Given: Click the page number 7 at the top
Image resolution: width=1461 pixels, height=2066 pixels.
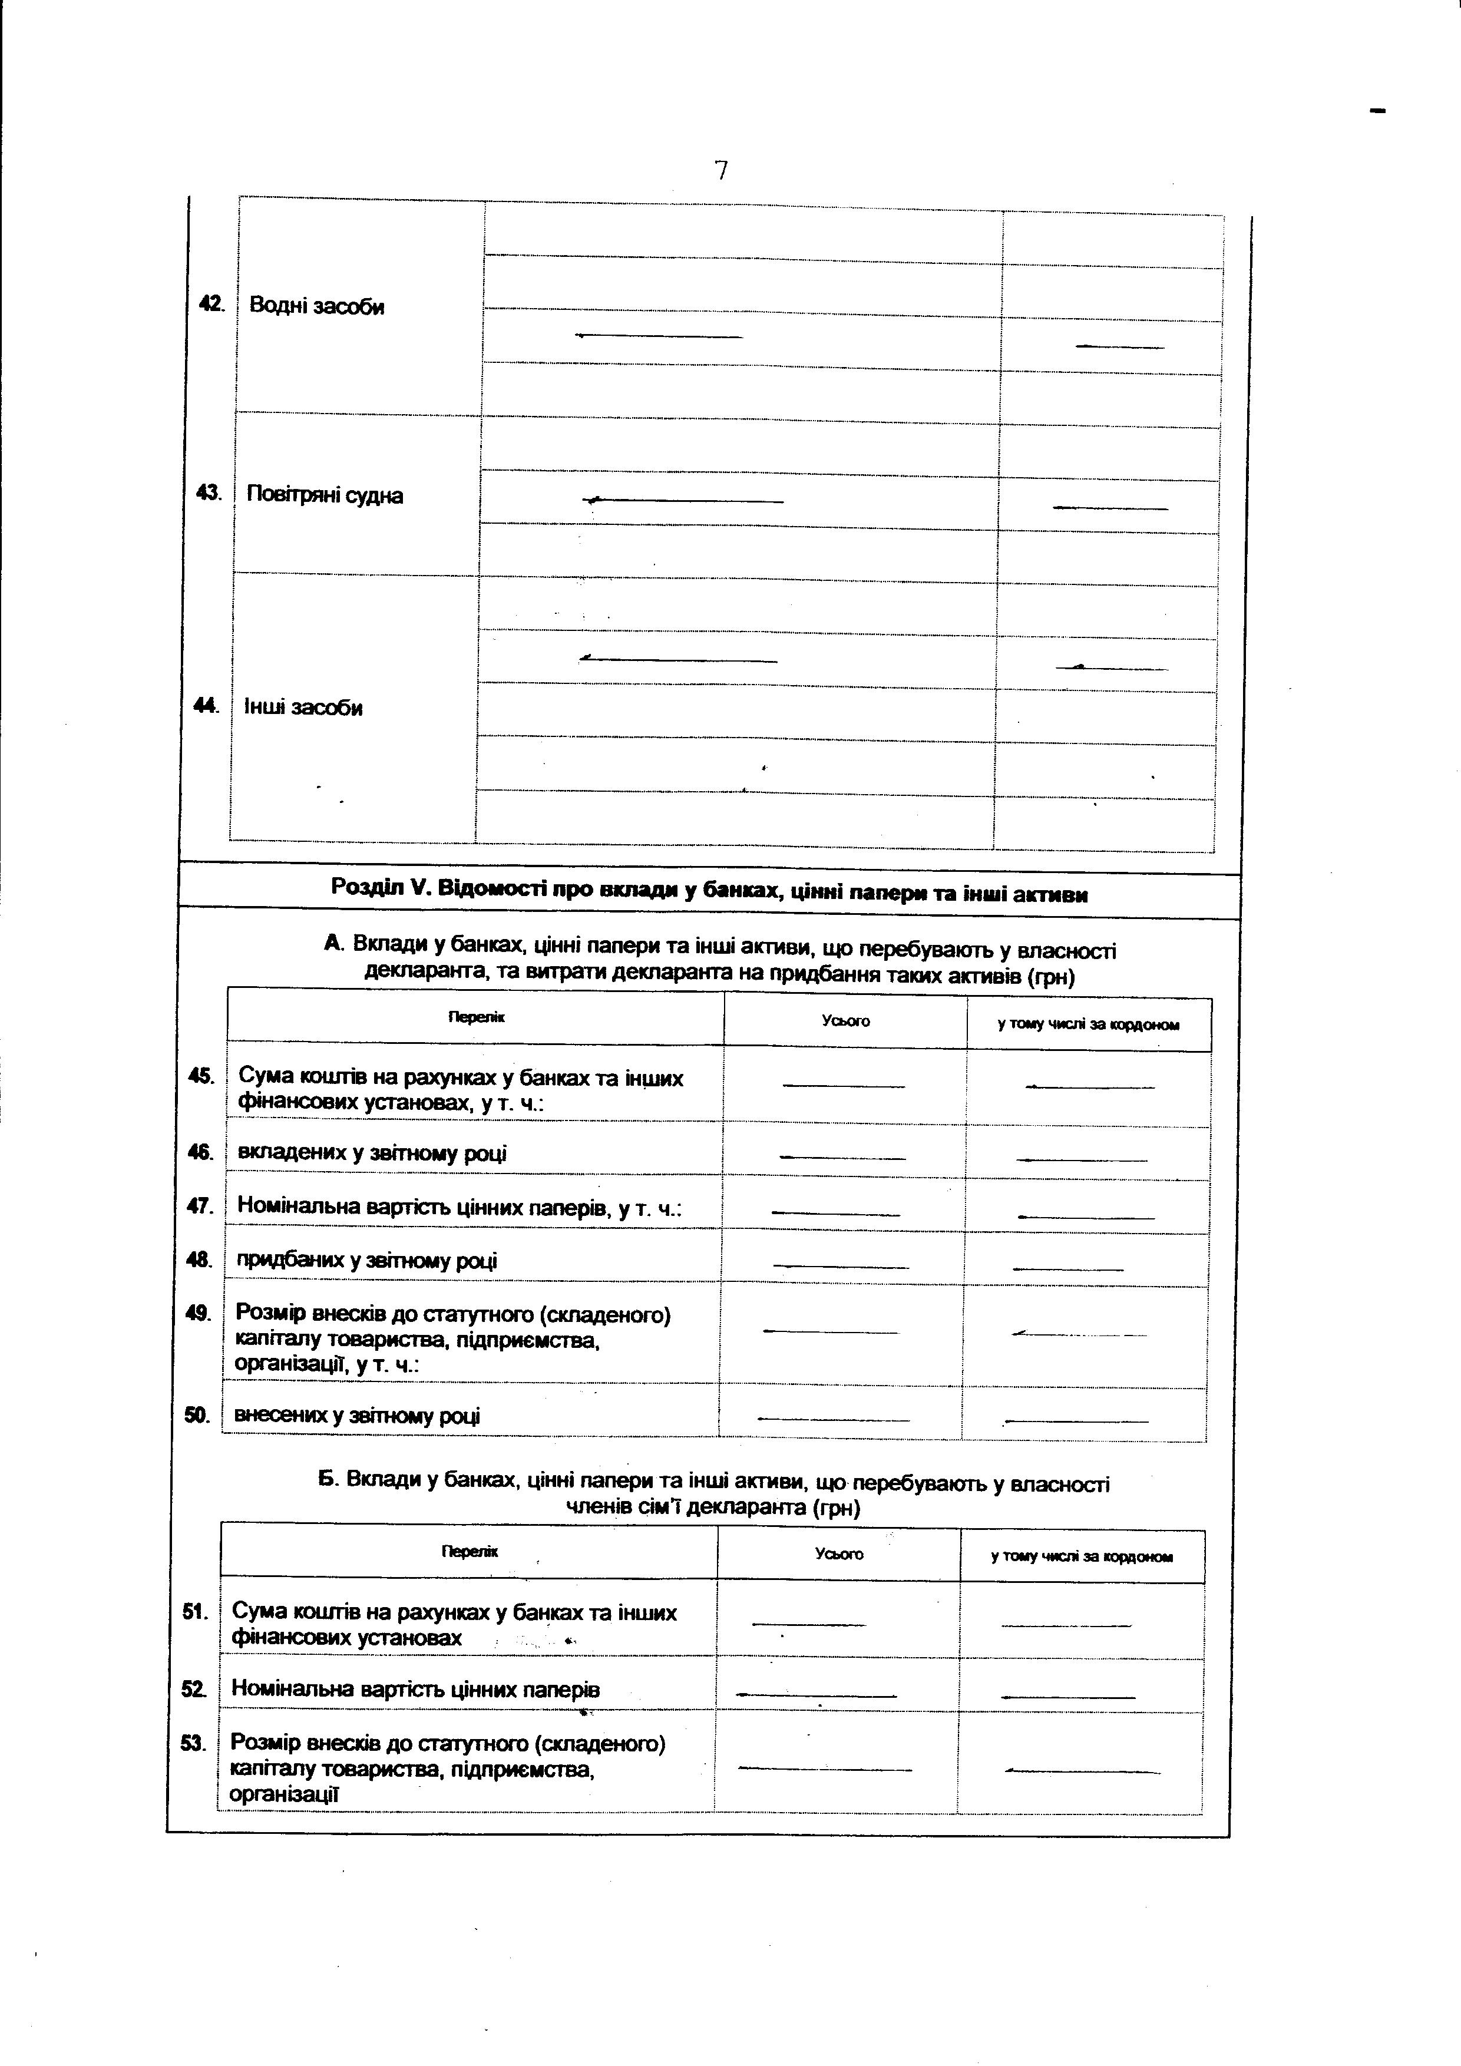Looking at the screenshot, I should (x=720, y=170).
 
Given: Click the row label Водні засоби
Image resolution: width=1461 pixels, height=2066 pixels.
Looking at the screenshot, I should (x=317, y=307).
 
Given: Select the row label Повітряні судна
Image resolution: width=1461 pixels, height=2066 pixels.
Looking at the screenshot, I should (x=325, y=496).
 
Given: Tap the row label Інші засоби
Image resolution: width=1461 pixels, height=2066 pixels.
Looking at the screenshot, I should (x=303, y=708).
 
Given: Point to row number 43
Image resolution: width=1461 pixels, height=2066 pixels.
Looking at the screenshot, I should (x=209, y=493).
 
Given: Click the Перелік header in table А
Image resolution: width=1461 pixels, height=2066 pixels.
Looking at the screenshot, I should (x=477, y=1018).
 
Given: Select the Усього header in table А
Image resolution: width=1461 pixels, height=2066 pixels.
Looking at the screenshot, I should (x=845, y=1022).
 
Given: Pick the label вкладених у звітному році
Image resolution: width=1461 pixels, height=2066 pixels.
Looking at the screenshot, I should (x=372, y=1153).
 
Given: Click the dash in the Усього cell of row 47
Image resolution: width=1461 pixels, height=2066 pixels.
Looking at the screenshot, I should (x=836, y=1215).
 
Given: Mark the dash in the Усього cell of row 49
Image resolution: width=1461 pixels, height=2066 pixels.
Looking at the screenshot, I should (x=831, y=1332).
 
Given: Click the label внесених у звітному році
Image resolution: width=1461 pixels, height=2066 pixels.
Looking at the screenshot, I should (x=357, y=1416).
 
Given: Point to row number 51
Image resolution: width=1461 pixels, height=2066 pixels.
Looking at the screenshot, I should (x=195, y=1612).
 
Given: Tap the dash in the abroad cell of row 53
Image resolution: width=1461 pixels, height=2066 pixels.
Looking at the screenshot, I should (x=1082, y=1772).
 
